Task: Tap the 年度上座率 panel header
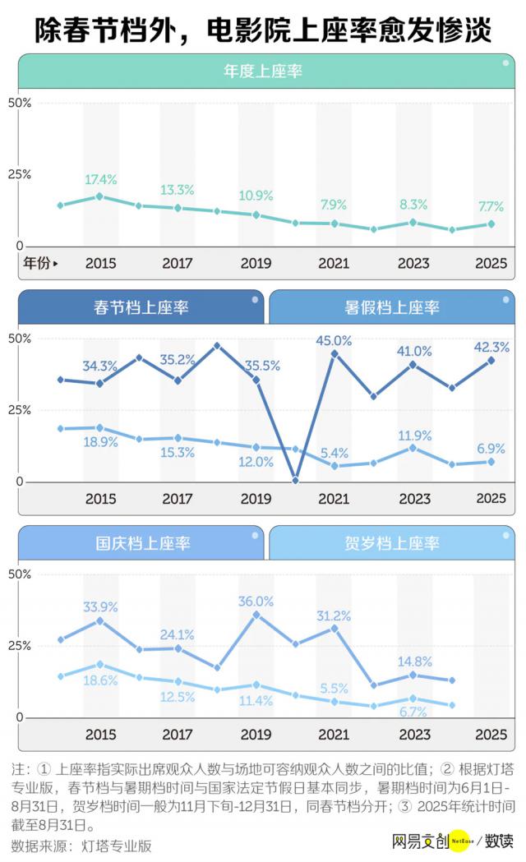click(x=263, y=71)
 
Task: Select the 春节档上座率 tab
click(x=141, y=308)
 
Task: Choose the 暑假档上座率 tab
click(x=392, y=308)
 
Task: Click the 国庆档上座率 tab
click(x=141, y=543)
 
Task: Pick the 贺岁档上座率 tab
click(x=392, y=543)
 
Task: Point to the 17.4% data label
click(x=100, y=179)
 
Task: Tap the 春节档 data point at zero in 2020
click(x=296, y=480)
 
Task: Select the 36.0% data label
click(x=256, y=601)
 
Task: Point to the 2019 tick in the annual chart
click(x=256, y=264)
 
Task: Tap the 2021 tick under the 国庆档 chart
click(x=335, y=734)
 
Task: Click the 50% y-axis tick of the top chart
click(x=19, y=103)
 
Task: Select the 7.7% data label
click(x=491, y=205)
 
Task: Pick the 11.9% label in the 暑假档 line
click(x=413, y=435)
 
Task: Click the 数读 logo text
click(x=499, y=841)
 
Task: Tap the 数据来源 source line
click(x=81, y=845)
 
